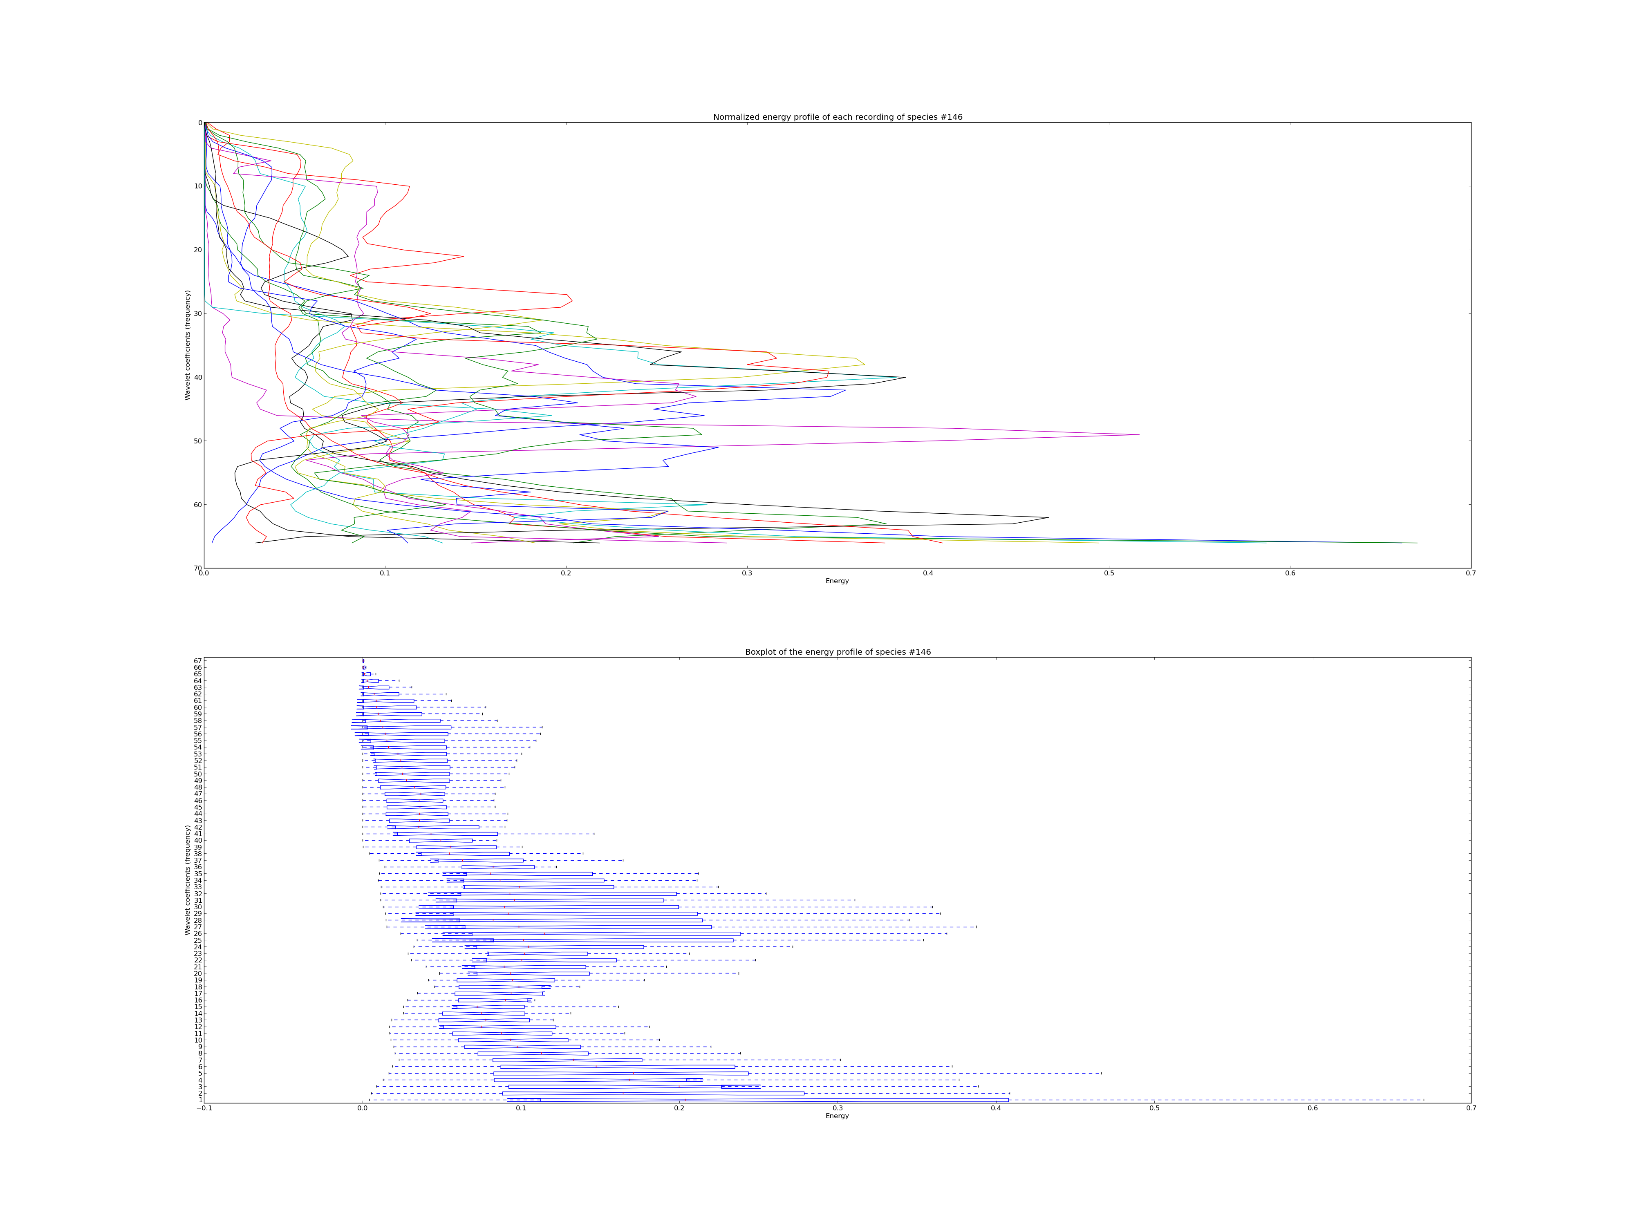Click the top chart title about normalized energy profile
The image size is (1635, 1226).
[x=838, y=117]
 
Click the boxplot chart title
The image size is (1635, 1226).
[x=838, y=652]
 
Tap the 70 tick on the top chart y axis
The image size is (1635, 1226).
[x=198, y=568]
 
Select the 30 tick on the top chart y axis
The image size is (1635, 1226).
[x=198, y=313]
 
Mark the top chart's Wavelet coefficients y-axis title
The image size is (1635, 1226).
[x=188, y=345]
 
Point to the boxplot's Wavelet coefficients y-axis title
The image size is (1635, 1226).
[x=188, y=880]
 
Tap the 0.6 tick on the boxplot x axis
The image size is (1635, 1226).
[x=1313, y=1108]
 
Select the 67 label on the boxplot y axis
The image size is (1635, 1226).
[x=197, y=661]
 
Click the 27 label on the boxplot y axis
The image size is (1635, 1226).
[x=197, y=927]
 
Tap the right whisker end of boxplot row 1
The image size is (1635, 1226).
[x=1424, y=1100]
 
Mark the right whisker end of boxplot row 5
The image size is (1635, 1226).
[x=1101, y=1073]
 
